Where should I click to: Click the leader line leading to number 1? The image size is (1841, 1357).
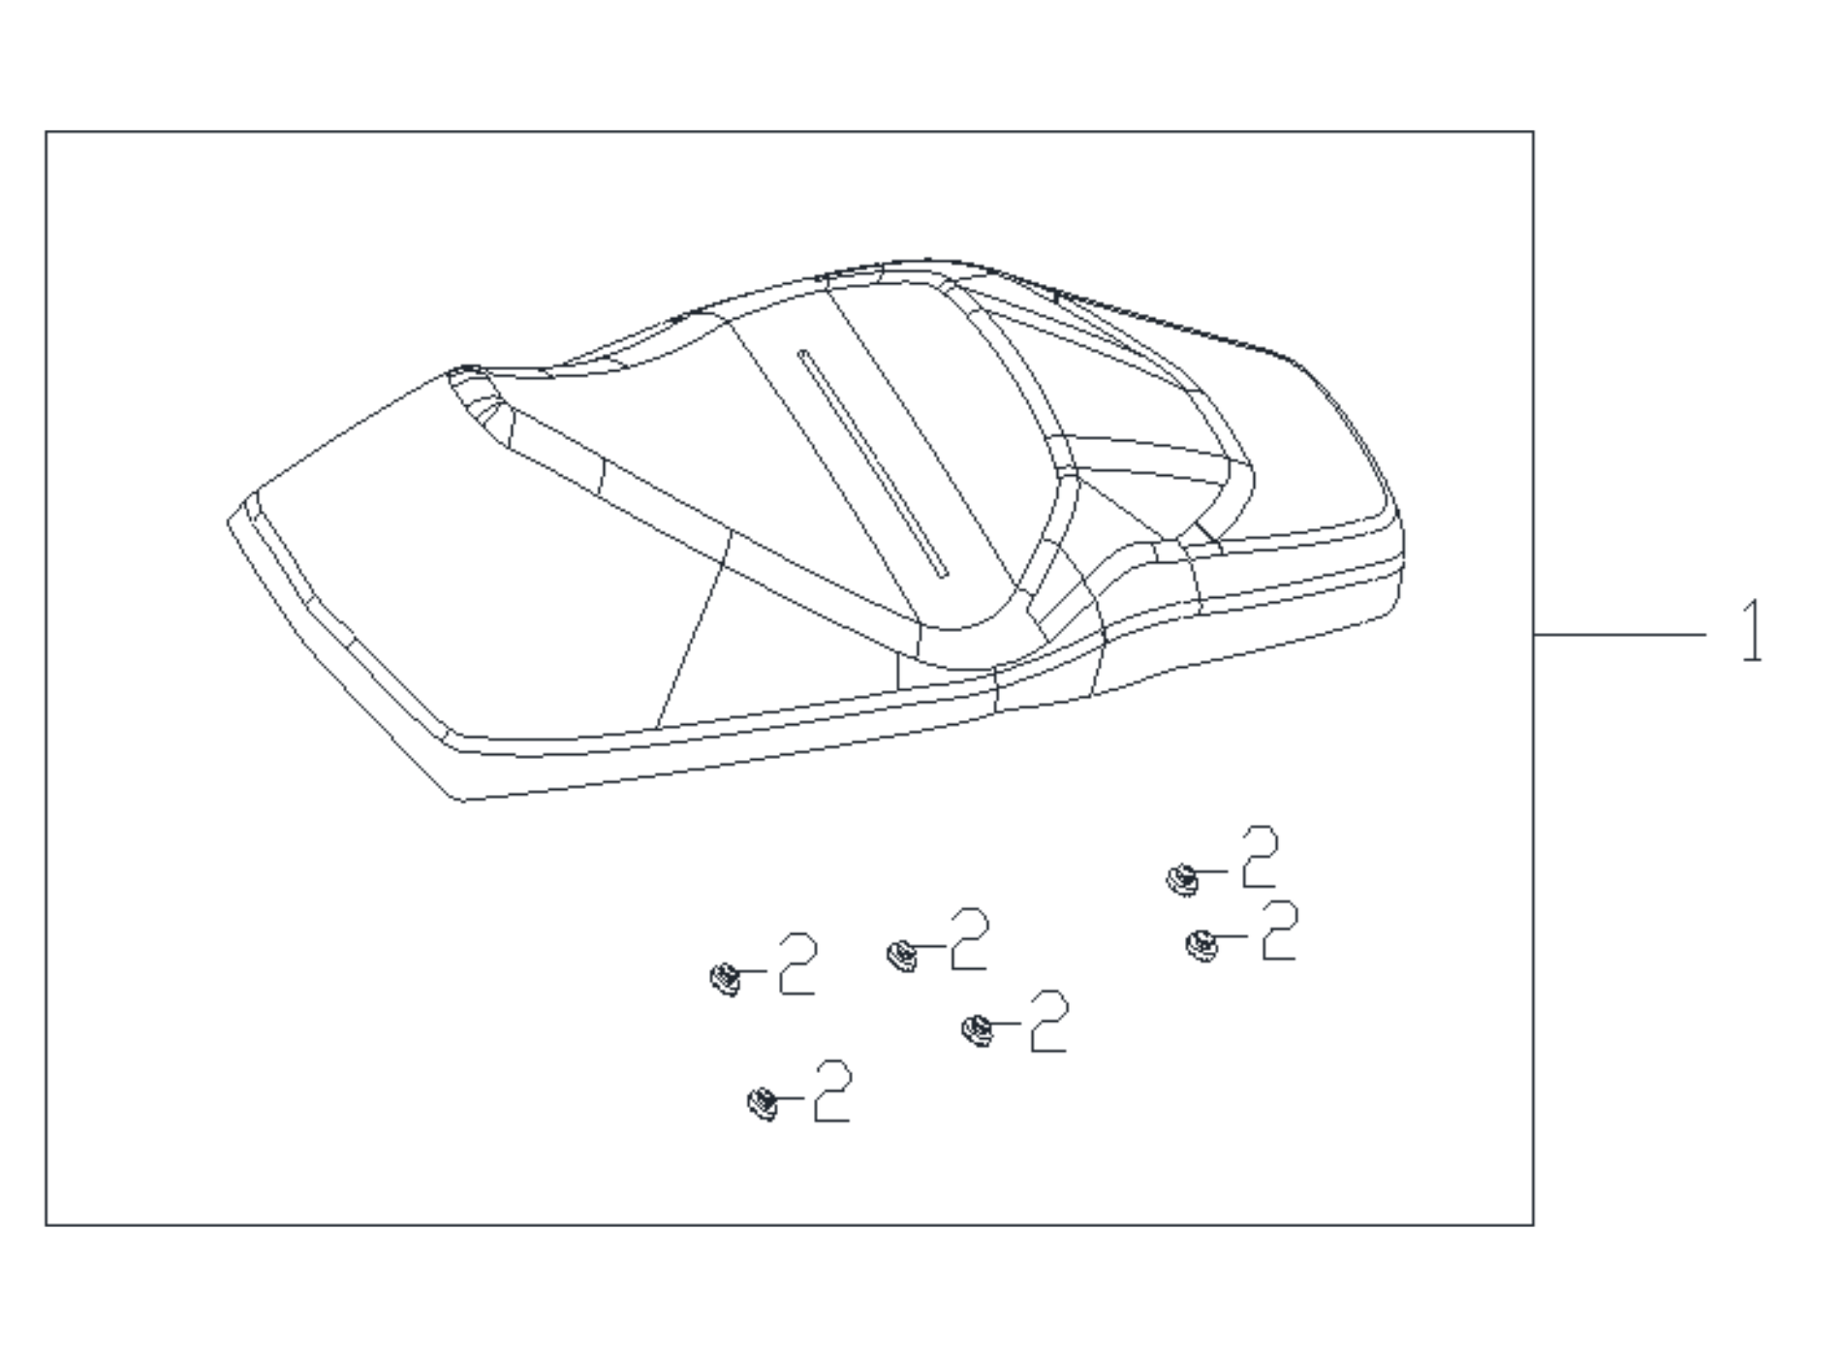1620,635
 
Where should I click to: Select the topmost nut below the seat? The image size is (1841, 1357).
1181,879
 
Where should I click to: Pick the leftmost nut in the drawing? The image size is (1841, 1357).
725,979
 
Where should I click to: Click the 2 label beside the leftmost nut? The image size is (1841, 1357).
797,963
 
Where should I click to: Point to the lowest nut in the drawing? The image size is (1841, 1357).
763,1104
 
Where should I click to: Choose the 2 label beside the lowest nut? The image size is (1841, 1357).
832,1090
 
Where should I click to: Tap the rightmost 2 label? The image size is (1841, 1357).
1279,931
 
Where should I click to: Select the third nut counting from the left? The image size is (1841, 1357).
902,956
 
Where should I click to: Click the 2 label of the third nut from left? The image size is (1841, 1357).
970,938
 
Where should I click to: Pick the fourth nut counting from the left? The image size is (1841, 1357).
977,1029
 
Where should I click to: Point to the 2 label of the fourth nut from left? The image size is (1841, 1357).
1049,1021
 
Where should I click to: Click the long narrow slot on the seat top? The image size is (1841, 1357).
872,464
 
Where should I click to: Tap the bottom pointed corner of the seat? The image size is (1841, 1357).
460,801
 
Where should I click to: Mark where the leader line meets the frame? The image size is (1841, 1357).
1534,635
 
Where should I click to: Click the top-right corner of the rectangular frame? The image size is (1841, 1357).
1533,132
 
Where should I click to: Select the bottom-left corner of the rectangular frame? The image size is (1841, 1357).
47,1224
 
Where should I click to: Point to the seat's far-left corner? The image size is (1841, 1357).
228,522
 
